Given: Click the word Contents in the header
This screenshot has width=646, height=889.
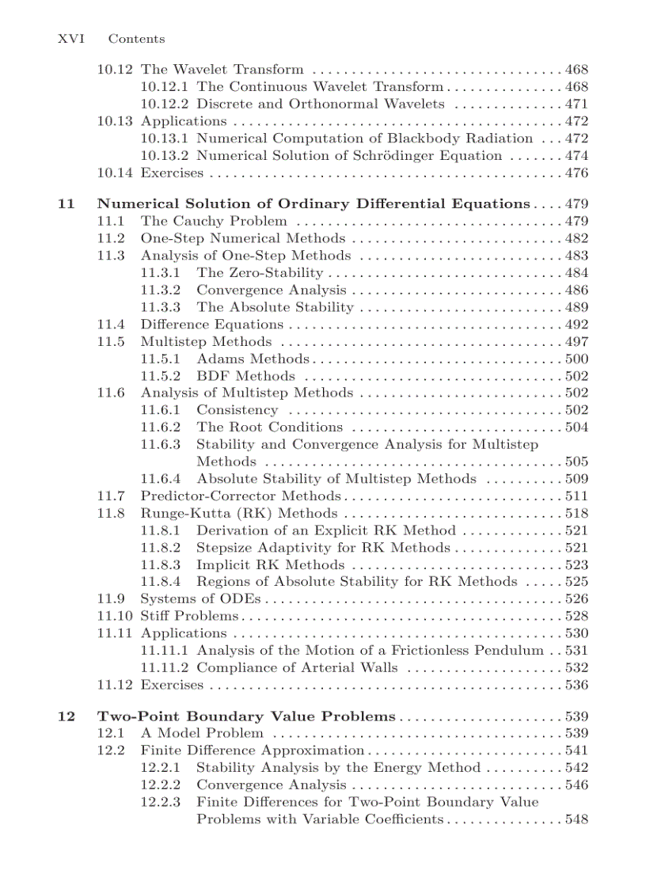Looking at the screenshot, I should (136, 39).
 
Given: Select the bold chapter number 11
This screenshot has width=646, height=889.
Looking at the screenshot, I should (66, 204).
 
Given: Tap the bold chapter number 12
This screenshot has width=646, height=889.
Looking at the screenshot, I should (66, 716).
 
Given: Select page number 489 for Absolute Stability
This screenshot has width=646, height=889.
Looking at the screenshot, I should (576, 308).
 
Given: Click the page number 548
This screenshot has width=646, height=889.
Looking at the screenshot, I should (576, 819).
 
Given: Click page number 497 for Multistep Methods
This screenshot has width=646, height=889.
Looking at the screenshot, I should (576, 342).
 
